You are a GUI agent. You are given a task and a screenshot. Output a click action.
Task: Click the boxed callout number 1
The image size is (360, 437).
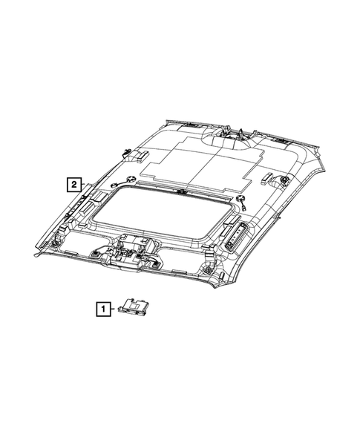tap(103, 309)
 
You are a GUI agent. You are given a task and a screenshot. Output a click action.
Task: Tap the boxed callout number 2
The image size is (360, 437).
tap(74, 184)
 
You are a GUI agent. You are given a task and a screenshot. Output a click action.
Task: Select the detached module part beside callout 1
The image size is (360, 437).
tap(134, 306)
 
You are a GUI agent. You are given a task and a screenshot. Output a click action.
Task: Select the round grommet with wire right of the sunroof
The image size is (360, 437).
tap(241, 203)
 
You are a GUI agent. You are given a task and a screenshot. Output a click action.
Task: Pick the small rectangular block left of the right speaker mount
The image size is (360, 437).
tap(267, 178)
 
